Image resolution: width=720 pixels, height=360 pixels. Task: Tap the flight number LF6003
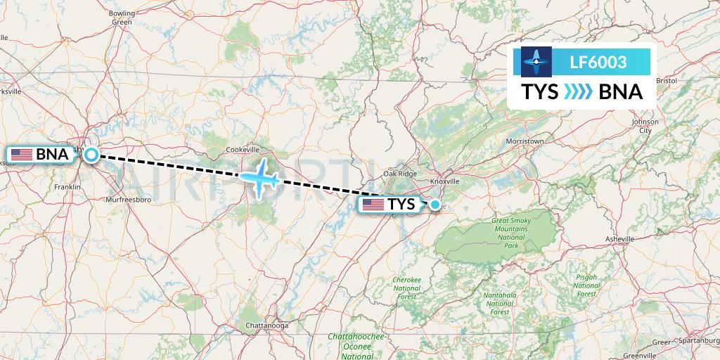click(597, 63)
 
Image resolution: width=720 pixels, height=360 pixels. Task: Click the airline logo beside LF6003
click(536, 61)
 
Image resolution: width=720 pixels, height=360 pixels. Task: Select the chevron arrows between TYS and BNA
click(579, 92)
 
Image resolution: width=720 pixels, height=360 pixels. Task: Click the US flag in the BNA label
click(22, 154)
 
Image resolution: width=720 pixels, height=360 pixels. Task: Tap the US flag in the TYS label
click(373, 205)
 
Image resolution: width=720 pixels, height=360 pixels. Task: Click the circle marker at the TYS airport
click(435, 205)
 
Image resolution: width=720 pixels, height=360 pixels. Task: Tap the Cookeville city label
click(243, 149)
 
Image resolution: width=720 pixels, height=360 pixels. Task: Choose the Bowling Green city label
click(122, 18)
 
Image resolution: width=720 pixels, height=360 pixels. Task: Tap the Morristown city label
click(525, 141)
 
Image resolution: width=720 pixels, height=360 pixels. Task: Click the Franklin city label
click(67, 186)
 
